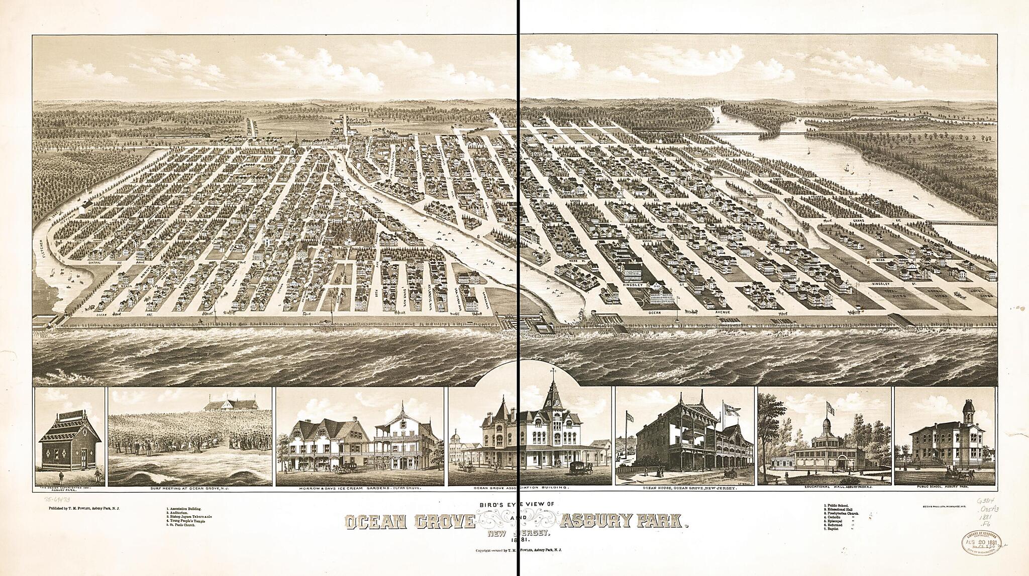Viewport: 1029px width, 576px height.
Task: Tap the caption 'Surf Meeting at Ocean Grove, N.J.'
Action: coord(190,488)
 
